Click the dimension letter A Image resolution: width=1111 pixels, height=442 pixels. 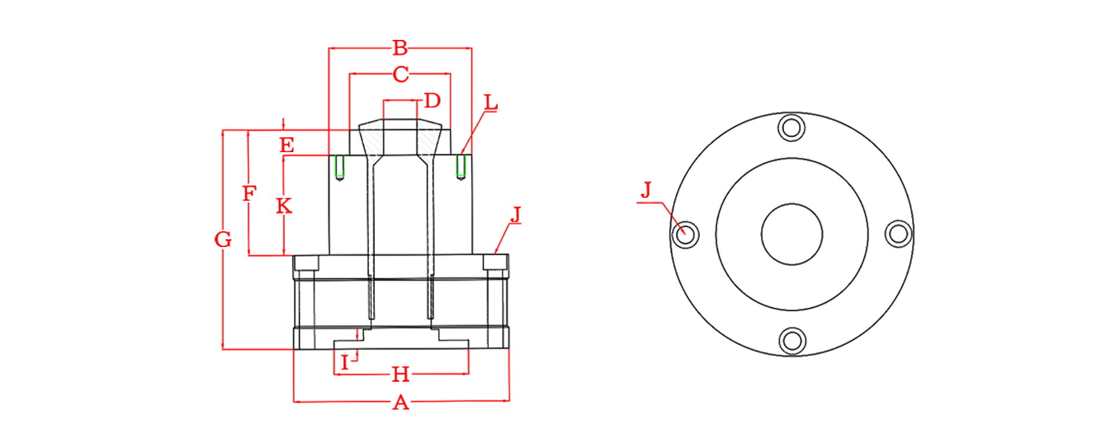[x=400, y=402]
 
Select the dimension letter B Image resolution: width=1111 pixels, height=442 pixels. [x=400, y=48]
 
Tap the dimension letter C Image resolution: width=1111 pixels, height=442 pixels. [x=400, y=74]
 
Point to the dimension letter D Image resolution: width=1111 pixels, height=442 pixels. [x=432, y=101]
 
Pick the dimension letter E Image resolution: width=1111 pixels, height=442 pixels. [x=286, y=145]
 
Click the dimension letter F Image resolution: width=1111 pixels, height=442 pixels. [x=249, y=193]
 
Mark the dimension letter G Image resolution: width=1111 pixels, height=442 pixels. [x=223, y=239]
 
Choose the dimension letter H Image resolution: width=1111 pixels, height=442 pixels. [x=400, y=374]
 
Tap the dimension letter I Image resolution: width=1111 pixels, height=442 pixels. [x=345, y=363]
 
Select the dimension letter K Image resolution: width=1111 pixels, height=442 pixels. [x=284, y=206]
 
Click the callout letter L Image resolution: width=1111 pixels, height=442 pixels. [x=490, y=102]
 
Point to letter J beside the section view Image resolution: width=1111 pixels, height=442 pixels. [x=516, y=215]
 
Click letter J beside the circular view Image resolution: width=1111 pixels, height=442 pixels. [x=646, y=190]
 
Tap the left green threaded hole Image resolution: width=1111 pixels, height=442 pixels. [x=340, y=167]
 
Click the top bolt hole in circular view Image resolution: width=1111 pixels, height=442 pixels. [x=792, y=128]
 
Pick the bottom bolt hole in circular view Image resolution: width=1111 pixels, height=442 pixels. [x=792, y=341]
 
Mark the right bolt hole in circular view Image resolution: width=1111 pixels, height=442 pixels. [x=899, y=234]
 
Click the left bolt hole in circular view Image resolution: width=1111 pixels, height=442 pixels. [x=685, y=234]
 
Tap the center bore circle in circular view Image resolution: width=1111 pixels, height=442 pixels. [x=792, y=204]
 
